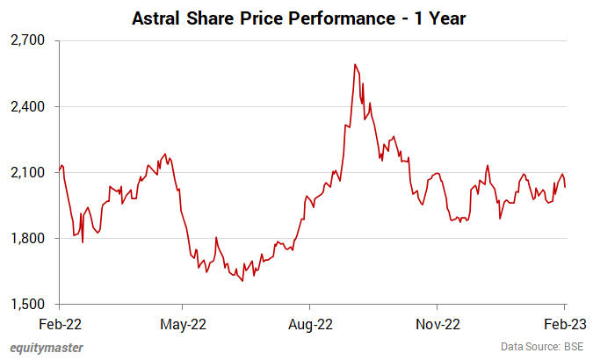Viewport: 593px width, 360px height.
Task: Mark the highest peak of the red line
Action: point(355,64)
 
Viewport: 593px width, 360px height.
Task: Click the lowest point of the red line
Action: point(242,281)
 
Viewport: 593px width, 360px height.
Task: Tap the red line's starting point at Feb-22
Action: point(59,170)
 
